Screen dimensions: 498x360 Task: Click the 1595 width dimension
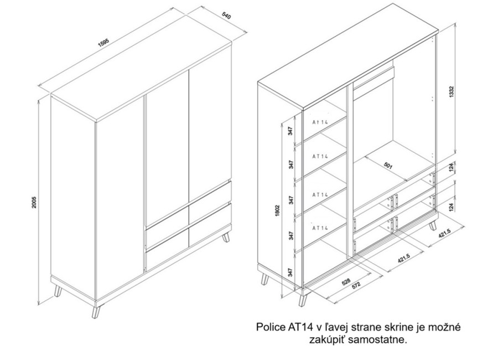pyautogui.click(x=104, y=43)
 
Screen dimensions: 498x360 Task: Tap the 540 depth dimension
pyautogui.click(x=226, y=16)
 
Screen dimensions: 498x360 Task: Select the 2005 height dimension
pyautogui.click(x=34, y=202)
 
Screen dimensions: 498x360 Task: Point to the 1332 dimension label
pyautogui.click(x=453, y=92)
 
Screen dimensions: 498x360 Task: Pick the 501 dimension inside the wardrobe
pyautogui.click(x=388, y=166)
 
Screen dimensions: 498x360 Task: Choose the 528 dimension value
pyautogui.click(x=346, y=281)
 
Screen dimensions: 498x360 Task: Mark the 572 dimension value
pyautogui.click(x=356, y=285)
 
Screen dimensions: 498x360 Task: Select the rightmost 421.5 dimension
pyautogui.click(x=445, y=235)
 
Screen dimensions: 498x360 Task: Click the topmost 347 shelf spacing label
pyautogui.click(x=290, y=131)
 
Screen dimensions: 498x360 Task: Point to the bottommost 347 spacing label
pyautogui.click(x=289, y=272)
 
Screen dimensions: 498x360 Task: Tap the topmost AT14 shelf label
pyautogui.click(x=320, y=122)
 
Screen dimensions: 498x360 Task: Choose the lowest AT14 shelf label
pyautogui.click(x=320, y=228)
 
